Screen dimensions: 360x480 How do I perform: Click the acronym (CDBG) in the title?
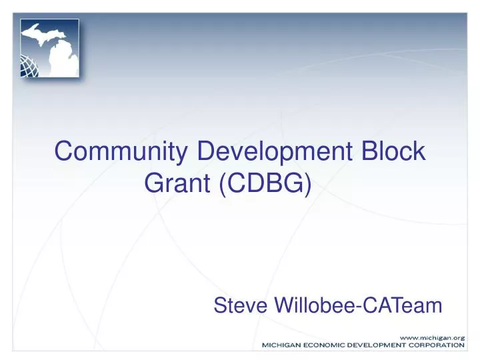click(x=264, y=183)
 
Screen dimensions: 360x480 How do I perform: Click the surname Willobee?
click(x=315, y=306)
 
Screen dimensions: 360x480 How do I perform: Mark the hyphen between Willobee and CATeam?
click(x=359, y=307)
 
